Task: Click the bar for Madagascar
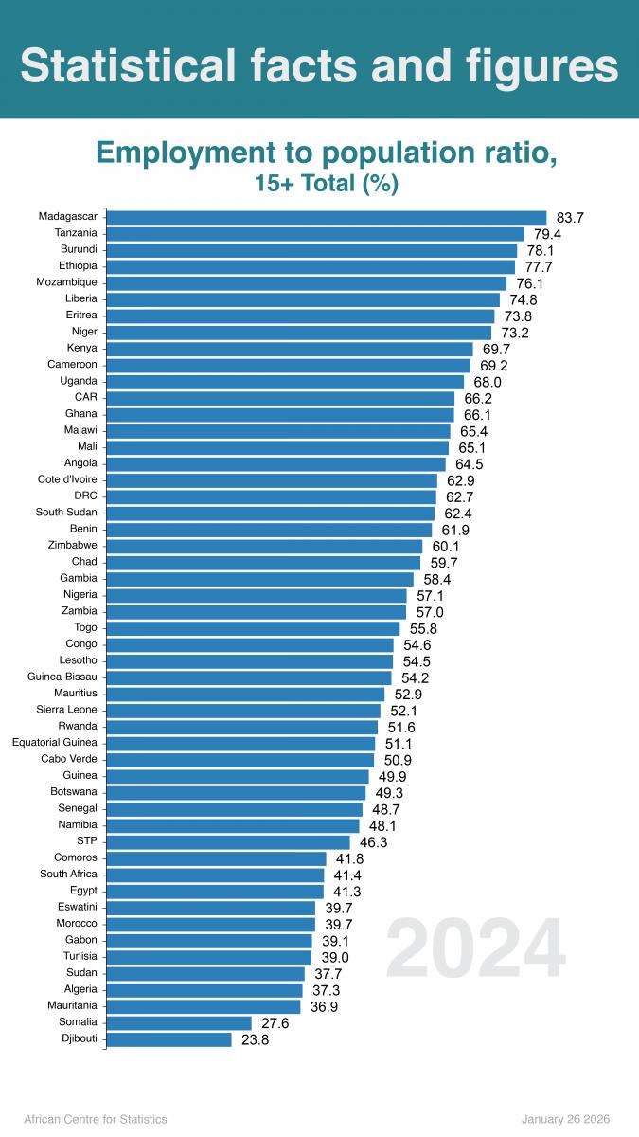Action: pos(327,217)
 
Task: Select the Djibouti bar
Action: pos(169,1039)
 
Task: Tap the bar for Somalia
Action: pos(179,1022)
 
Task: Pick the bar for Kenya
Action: pos(290,349)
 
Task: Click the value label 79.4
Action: pos(547,234)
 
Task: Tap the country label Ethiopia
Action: pos(79,266)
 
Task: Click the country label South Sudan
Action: pos(66,513)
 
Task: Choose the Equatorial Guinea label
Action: pos(54,742)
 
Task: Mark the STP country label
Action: pos(87,840)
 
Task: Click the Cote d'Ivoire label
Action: pos(65,479)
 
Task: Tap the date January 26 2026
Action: pos(566,1119)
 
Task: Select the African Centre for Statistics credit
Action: pos(95,1119)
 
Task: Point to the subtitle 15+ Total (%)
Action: pos(327,184)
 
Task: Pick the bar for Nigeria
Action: pos(257,595)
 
